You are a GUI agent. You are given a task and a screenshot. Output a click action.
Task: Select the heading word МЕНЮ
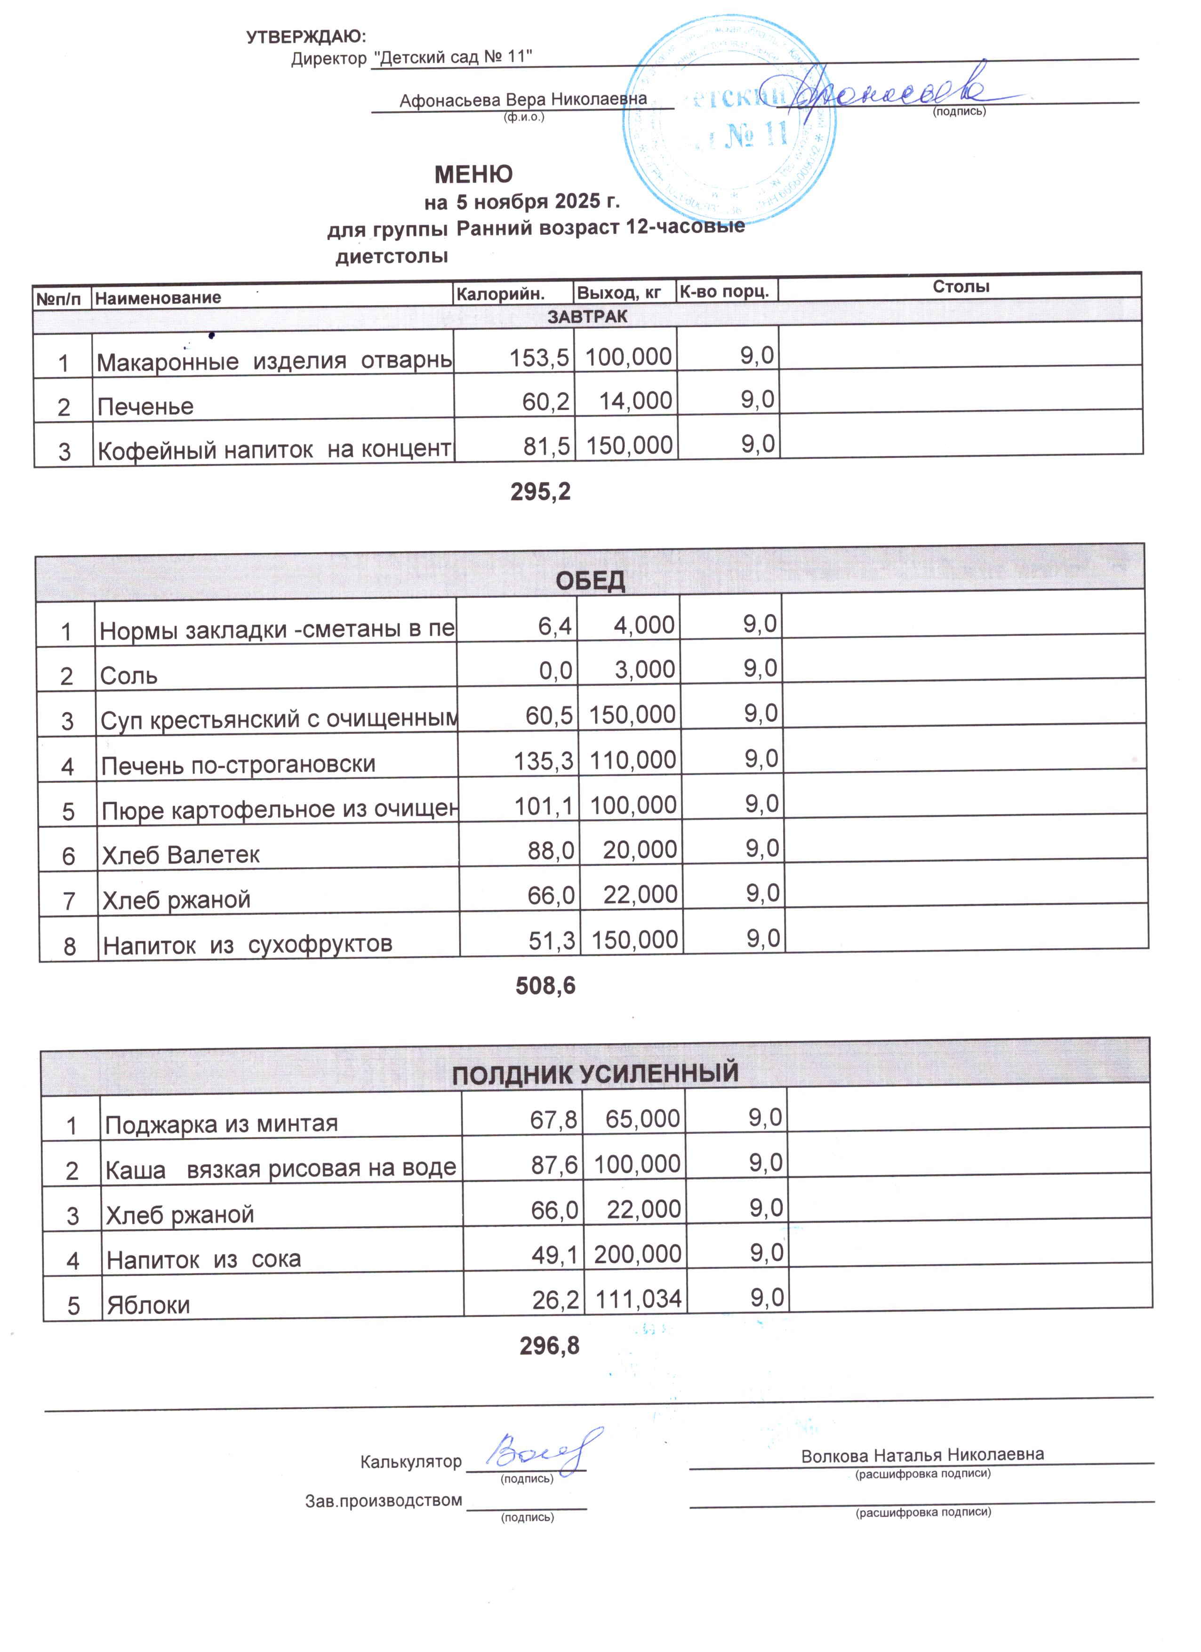coord(473,175)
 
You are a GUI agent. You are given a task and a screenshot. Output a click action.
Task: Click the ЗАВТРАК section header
coord(587,317)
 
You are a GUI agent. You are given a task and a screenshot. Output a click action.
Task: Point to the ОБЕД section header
coord(590,580)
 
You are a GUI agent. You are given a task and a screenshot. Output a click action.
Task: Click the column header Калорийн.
coord(500,294)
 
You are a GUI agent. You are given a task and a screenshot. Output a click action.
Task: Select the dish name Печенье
coord(146,407)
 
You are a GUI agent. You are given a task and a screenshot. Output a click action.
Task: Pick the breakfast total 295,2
coord(540,492)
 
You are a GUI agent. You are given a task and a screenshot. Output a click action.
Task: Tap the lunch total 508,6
coord(545,986)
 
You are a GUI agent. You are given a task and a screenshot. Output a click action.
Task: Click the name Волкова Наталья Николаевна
coord(922,1455)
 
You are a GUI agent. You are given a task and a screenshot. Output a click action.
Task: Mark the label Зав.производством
coord(383,1500)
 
